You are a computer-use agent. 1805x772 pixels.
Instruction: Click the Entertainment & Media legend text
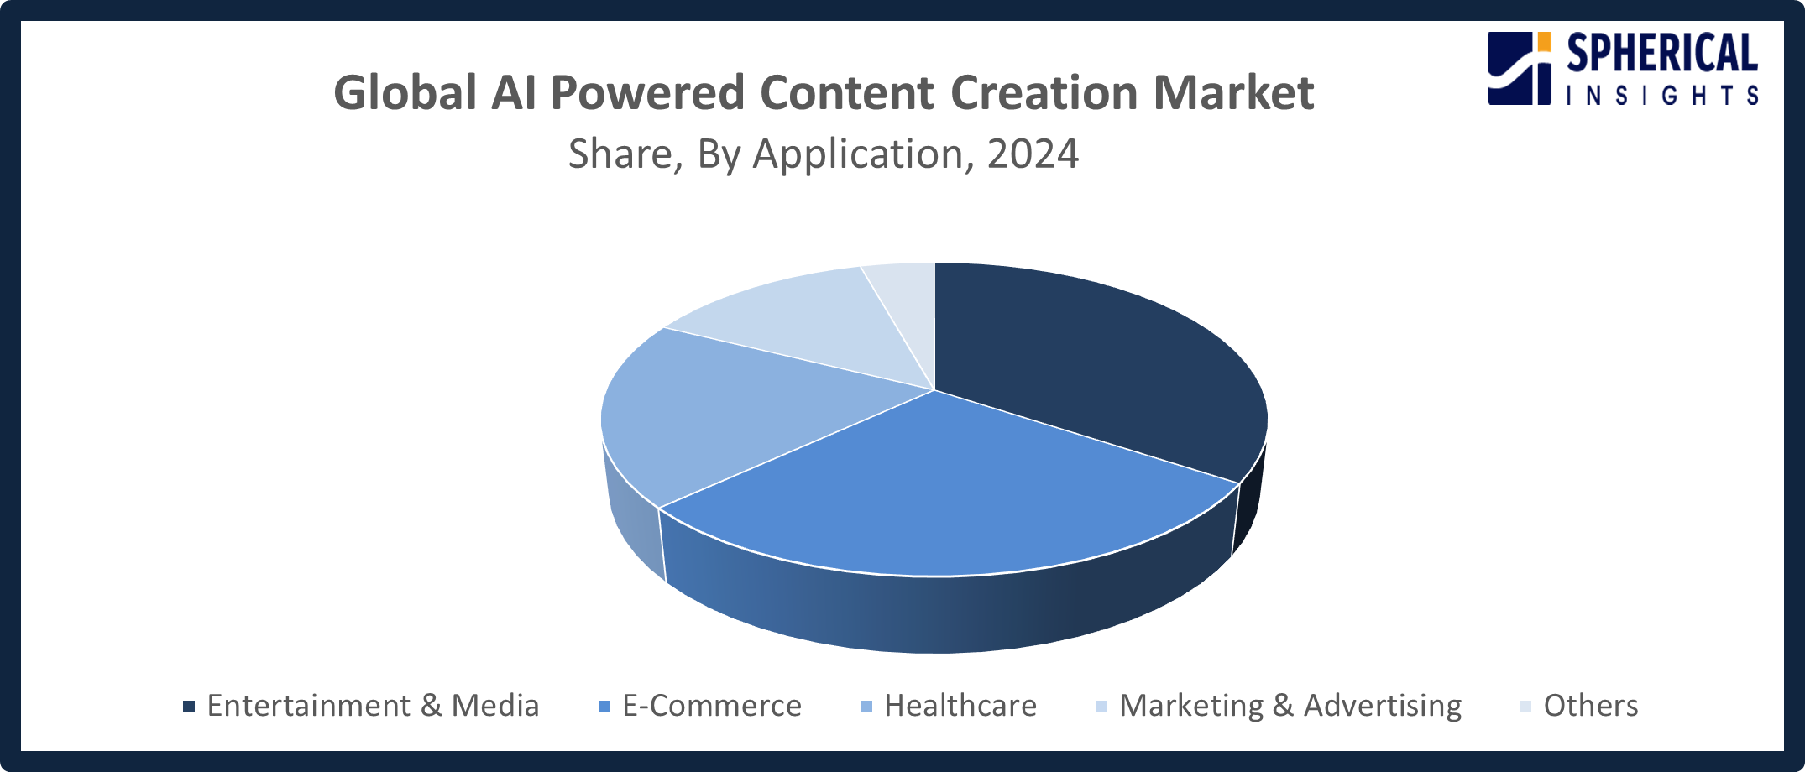[x=373, y=706]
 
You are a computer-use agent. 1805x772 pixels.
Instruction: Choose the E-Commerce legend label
[x=712, y=706]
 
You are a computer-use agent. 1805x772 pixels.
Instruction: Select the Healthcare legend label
[x=960, y=706]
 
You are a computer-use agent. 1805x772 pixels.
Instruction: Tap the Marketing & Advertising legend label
[x=1290, y=706]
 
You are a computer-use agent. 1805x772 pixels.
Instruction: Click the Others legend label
[x=1591, y=706]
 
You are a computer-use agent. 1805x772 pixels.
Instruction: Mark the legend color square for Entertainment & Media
[x=189, y=706]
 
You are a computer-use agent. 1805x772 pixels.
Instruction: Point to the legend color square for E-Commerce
[x=604, y=706]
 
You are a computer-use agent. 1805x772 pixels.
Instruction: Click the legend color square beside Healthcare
[x=866, y=706]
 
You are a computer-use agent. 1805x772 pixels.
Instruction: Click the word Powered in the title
[x=647, y=92]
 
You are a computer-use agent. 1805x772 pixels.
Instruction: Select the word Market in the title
[x=1233, y=92]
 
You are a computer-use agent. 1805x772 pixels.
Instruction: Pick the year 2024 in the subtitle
[x=1033, y=154]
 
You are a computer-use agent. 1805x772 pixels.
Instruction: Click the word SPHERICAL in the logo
[x=1662, y=54]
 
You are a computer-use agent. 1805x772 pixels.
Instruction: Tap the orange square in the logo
[x=1544, y=41]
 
